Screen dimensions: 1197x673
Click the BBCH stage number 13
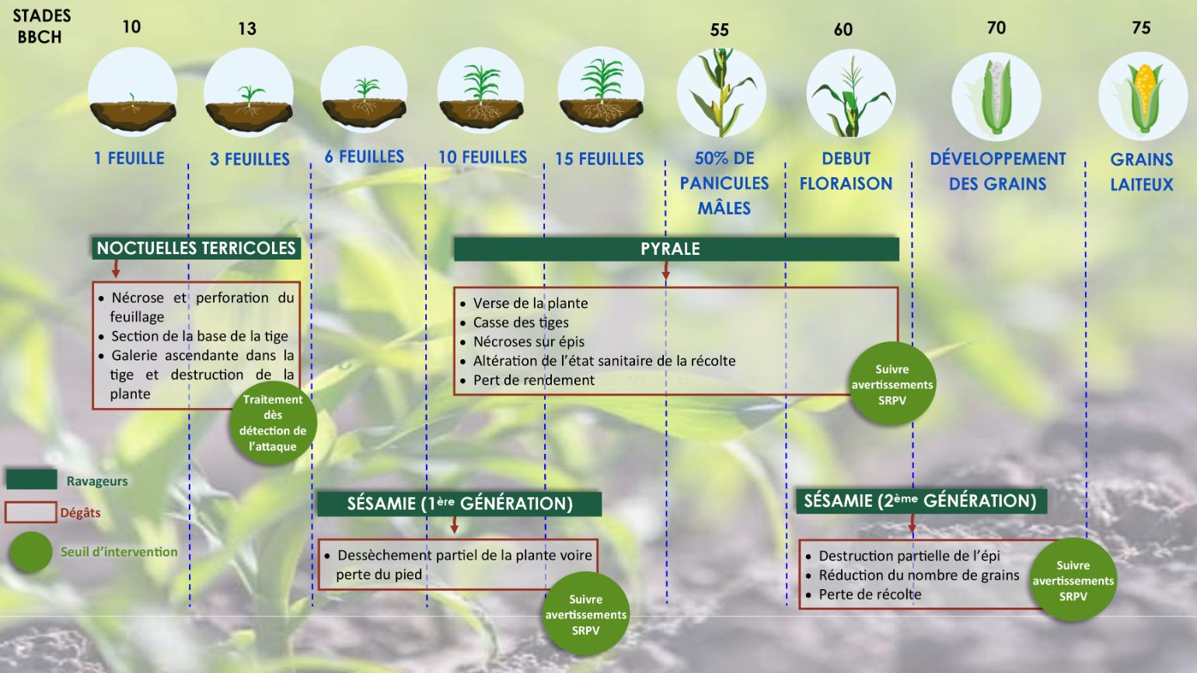tap(247, 28)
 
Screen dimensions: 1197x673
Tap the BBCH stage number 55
tap(719, 30)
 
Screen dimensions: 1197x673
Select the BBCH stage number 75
tap(1141, 28)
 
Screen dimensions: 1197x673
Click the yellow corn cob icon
tap(1143, 96)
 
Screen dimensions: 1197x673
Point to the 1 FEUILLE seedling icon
tap(132, 92)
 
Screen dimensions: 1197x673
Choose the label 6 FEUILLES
tap(365, 156)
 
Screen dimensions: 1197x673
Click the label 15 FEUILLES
tap(599, 159)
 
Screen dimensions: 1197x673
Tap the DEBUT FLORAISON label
tap(846, 171)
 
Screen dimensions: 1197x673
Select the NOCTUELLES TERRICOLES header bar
tap(196, 249)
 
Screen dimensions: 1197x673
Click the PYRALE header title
tap(670, 249)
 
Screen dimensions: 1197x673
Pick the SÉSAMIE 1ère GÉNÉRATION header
tap(459, 504)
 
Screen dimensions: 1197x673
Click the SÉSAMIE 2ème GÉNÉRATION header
tap(921, 501)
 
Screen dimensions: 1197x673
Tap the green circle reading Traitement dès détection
tap(273, 423)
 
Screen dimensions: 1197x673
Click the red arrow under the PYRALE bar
tap(666, 270)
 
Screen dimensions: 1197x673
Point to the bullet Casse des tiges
tap(515, 323)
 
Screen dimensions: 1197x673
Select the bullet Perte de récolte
tap(864, 595)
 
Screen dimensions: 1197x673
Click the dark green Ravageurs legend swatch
tap(32, 479)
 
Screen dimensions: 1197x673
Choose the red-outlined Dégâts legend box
tap(30, 512)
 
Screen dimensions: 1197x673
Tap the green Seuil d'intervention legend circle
tap(30, 552)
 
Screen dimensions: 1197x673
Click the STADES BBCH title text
tap(41, 26)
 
